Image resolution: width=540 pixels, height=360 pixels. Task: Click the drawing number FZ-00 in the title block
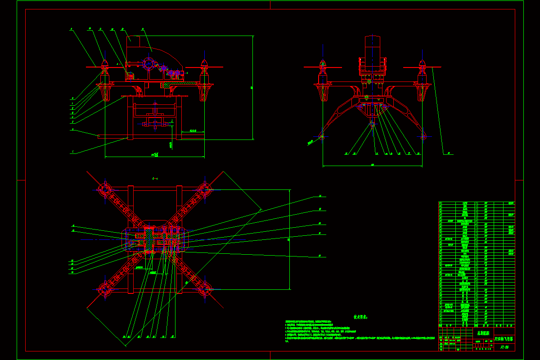(x=504, y=347)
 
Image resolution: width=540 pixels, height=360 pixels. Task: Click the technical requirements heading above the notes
(x=360, y=317)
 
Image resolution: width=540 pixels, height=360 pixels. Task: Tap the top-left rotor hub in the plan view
(x=105, y=189)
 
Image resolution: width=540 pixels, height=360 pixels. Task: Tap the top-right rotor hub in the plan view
(x=205, y=189)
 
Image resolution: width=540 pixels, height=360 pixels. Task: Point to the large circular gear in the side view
(x=148, y=63)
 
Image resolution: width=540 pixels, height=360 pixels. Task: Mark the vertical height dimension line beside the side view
(x=252, y=88)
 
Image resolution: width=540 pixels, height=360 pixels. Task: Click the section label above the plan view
(x=155, y=179)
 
